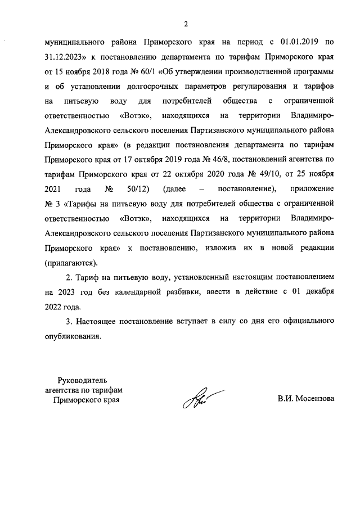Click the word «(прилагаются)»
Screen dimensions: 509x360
(70, 262)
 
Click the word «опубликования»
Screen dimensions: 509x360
(73, 336)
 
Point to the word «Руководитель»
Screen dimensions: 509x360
(82, 381)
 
